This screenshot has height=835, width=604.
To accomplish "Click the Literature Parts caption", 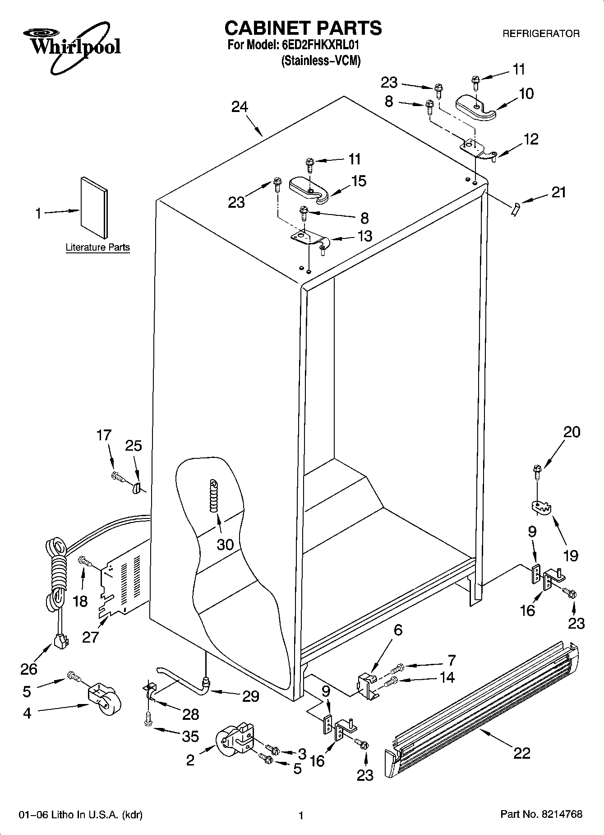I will [x=97, y=247].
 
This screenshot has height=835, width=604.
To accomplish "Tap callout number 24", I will [x=240, y=107].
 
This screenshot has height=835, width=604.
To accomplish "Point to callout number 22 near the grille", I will [x=521, y=753].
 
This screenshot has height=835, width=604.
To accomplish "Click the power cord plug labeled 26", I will [x=60, y=640].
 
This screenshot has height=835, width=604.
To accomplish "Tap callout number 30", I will [x=225, y=544].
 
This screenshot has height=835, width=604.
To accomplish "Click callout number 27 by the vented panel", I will [x=90, y=637].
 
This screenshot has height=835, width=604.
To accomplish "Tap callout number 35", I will [x=190, y=736].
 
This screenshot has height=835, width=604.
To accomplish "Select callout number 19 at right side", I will [x=571, y=555].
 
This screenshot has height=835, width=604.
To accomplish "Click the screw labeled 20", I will [x=537, y=471].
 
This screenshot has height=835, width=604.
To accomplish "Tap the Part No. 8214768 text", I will [x=541, y=814].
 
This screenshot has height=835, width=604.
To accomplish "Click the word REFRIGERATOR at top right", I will [x=541, y=33].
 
